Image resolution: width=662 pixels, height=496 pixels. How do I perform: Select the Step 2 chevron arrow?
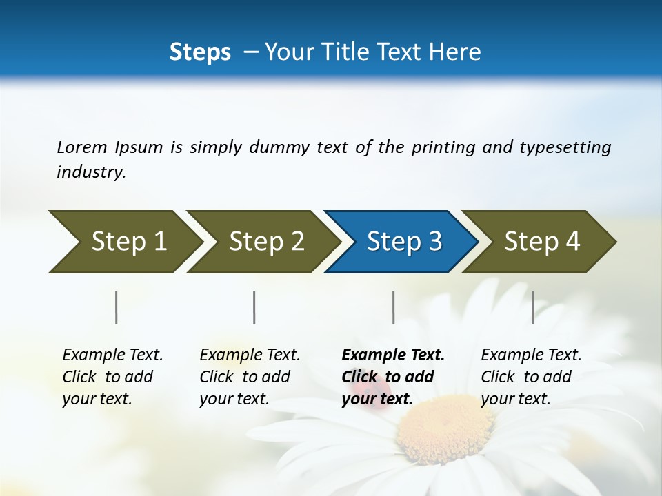(262, 242)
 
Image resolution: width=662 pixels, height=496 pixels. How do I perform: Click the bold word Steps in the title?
(200, 52)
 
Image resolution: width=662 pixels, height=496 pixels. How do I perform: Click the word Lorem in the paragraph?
(82, 147)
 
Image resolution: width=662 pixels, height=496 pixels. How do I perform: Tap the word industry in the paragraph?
(90, 172)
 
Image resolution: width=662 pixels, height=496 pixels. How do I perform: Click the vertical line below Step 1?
(116, 307)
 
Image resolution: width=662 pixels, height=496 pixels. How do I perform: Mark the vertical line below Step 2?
(254, 307)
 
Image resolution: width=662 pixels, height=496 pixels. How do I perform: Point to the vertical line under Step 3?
(393, 307)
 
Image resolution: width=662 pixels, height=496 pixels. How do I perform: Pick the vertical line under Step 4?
(532, 307)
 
